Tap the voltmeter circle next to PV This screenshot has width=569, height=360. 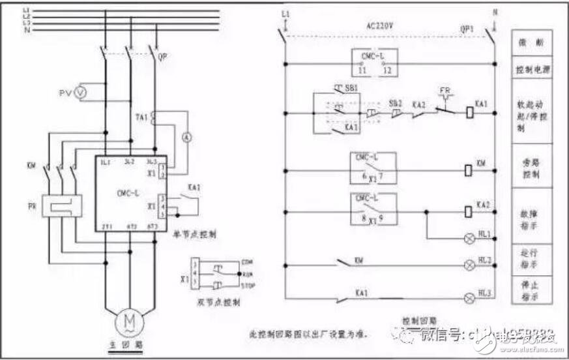pos(81,93)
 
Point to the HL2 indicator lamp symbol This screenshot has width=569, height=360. pos(468,265)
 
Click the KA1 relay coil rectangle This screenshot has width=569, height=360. pos(468,111)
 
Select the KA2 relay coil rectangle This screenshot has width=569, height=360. pos(468,211)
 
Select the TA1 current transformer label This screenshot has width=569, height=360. pos(141,117)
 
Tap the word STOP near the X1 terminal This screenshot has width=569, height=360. pos(247,284)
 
